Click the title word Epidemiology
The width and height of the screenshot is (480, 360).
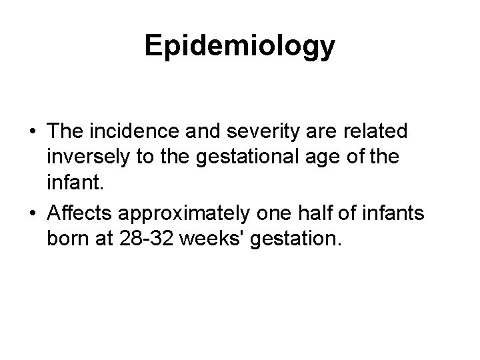pos(240,47)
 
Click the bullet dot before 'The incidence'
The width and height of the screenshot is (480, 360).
pos(31,131)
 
